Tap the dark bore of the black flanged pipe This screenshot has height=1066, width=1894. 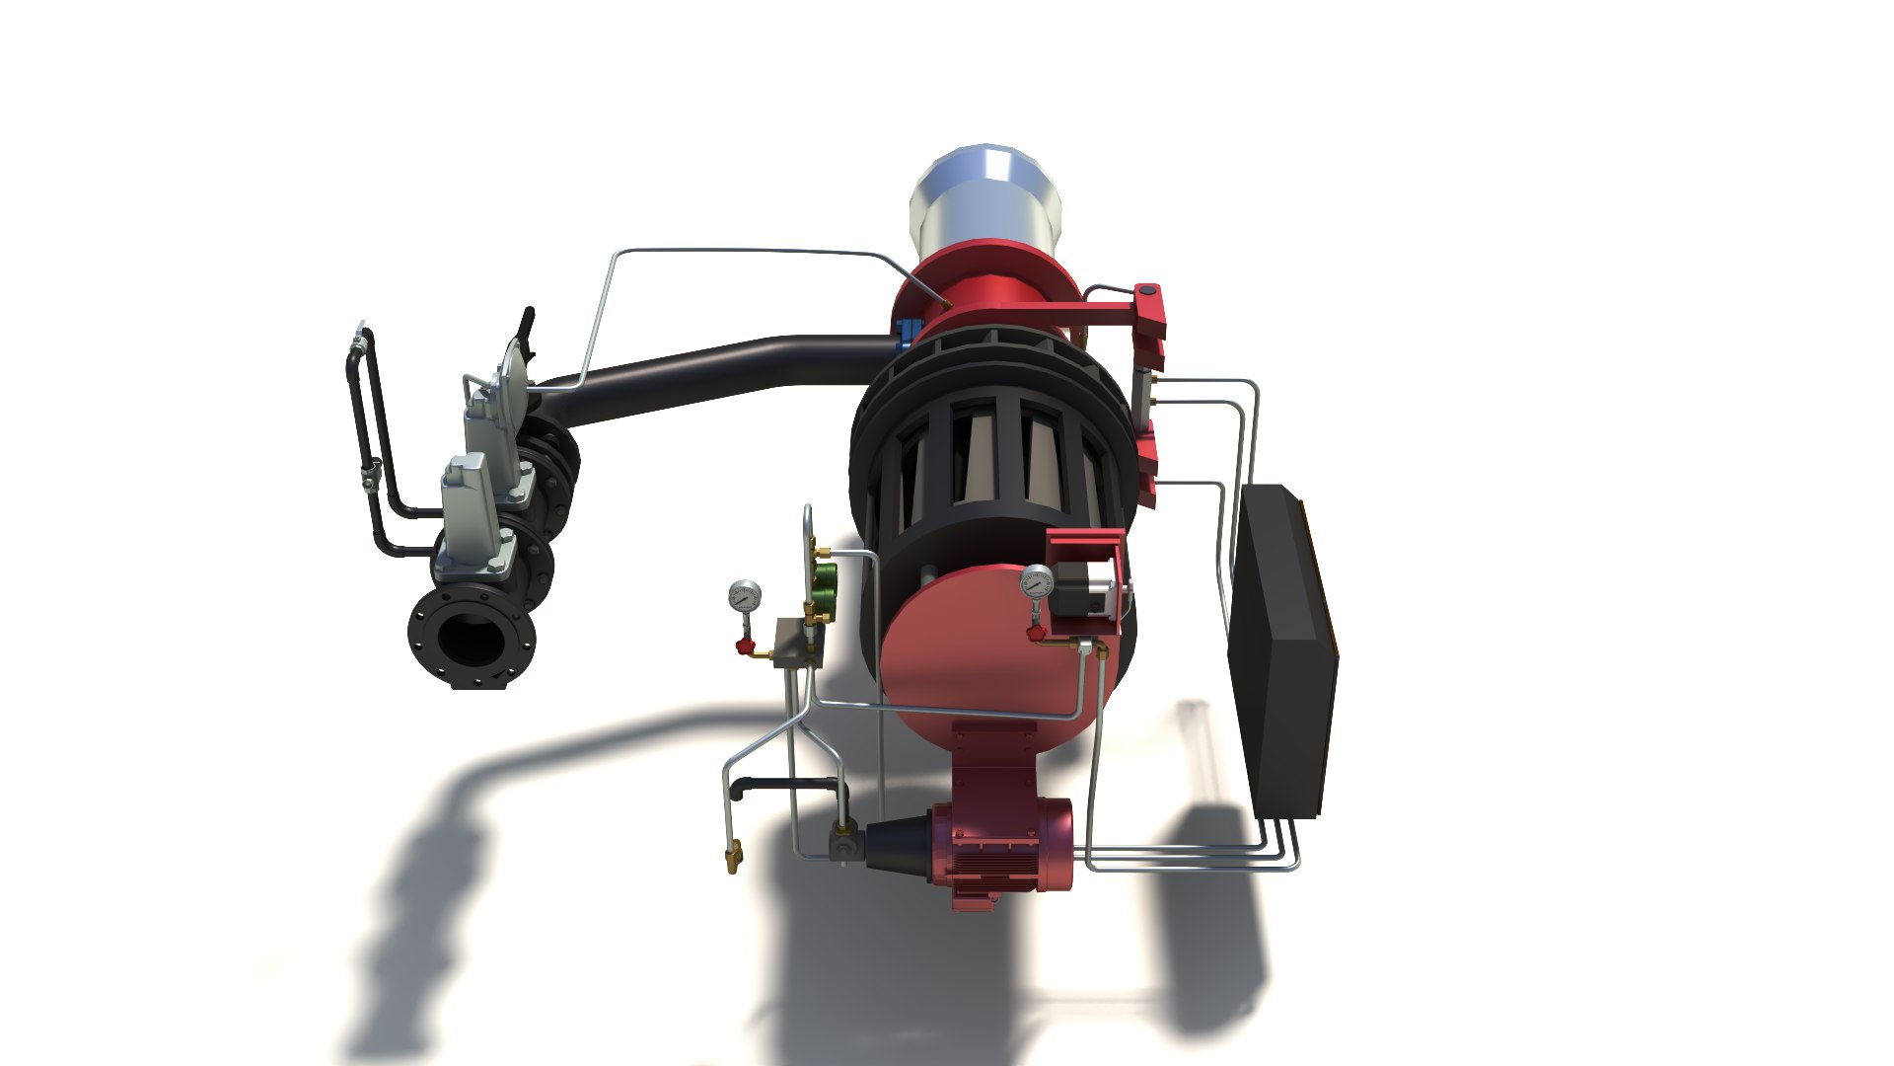pyautogui.click(x=471, y=638)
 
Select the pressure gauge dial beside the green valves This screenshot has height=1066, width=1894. pyautogui.click(x=745, y=596)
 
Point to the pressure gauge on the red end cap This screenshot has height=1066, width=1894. pyautogui.click(x=1037, y=581)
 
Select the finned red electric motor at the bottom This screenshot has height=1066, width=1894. pyautogui.click(x=1001, y=849)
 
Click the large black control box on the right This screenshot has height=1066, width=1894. pyautogui.click(x=1282, y=651)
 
